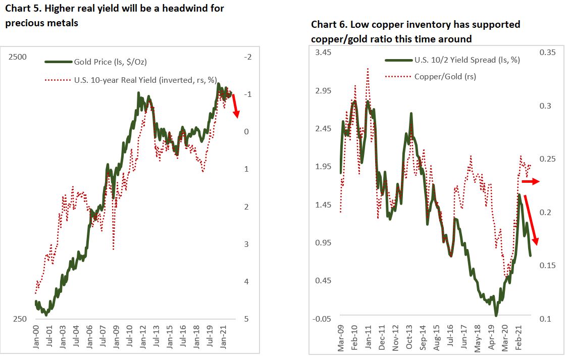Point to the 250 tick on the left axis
coord(20,319)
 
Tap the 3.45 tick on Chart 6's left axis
coord(324,53)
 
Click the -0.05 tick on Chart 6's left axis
coord(322,319)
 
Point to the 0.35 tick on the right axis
coord(548,53)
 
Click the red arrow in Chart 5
coord(235,107)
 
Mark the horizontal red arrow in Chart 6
coord(530,181)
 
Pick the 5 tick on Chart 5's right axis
coord(246,319)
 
